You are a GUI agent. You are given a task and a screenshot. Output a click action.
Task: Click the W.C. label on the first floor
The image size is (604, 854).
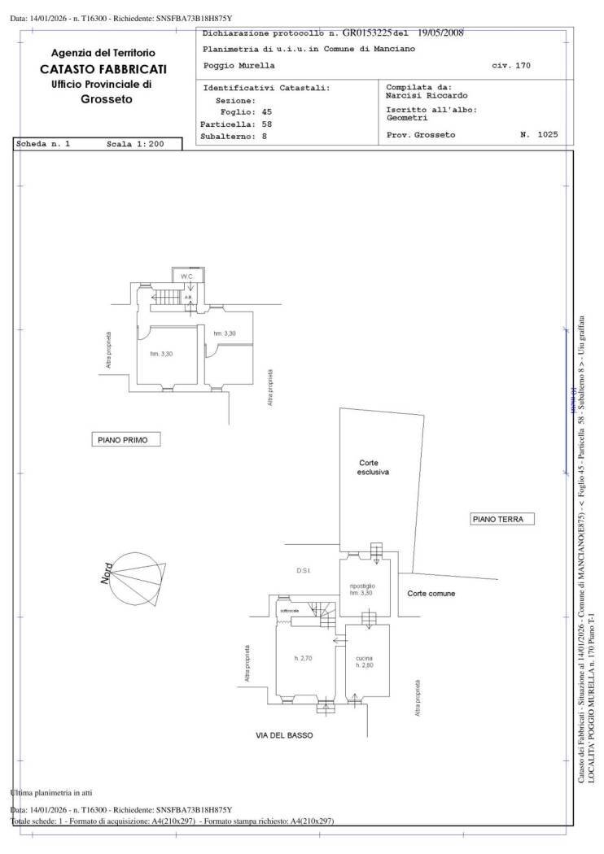click(186, 277)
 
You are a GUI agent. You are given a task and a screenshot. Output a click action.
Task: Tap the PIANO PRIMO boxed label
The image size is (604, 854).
click(125, 440)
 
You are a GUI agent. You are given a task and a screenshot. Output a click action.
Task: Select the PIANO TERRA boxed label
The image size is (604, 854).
click(501, 518)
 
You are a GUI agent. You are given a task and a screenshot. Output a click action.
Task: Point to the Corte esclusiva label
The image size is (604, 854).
click(374, 467)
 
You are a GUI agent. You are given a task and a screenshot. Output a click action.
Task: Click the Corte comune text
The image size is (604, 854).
click(431, 594)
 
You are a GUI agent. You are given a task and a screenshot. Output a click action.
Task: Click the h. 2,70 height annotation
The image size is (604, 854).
click(303, 658)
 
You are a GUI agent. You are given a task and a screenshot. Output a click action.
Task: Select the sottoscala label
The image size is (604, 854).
click(291, 610)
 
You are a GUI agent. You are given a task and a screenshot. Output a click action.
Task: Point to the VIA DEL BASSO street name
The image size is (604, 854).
click(284, 735)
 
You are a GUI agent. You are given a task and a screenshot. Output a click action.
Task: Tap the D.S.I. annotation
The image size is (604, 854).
click(304, 571)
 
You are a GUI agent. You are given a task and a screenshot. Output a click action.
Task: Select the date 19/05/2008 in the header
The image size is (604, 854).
click(440, 33)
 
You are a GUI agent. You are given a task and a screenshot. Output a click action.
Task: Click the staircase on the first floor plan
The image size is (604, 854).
click(167, 297)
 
